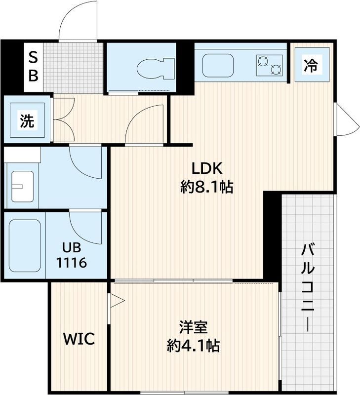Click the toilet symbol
tap(156, 69)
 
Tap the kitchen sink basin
tap(218, 65)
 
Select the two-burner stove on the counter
tap(269, 65)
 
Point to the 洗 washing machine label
tap(27, 120)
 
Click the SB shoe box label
tap(33, 67)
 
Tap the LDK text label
tap(207, 168)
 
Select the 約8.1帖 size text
tap(206, 187)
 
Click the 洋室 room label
tap(194, 327)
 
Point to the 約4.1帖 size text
tap(193, 345)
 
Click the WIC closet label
tap(79, 339)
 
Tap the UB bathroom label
tap(72, 248)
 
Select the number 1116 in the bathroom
tap(72, 263)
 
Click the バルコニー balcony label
tap(308, 287)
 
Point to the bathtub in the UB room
tap(25, 245)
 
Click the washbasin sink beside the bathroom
tap(22, 187)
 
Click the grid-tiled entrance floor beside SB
tap(73, 68)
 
